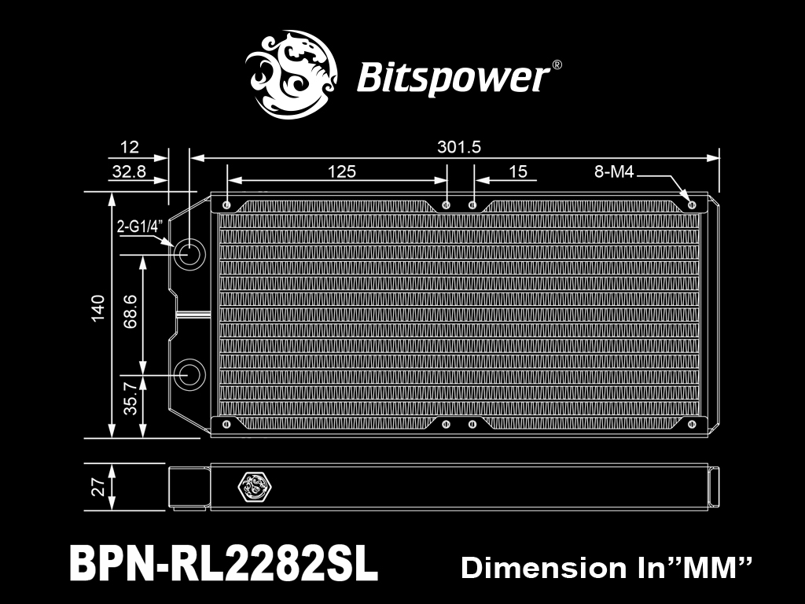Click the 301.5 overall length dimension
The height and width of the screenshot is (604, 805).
pos(459,147)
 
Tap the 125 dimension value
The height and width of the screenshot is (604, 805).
pos(342,171)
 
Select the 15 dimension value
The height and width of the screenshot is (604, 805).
pos(517,171)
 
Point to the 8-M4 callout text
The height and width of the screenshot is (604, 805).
pos(614,171)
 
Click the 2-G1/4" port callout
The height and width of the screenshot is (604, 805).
pos(140,226)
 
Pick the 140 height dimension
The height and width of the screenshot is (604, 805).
pos(97,308)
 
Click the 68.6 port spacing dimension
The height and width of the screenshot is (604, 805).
pos(130,311)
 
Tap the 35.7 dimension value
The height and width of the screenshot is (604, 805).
pos(130,398)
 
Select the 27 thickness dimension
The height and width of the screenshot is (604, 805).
pos(98,486)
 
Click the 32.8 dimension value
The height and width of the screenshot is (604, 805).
pos(129,171)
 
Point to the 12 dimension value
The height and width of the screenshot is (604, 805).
pos(130,147)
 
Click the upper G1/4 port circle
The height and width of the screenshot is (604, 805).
pos(189,254)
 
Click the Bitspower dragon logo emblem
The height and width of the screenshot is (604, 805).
pos(292,75)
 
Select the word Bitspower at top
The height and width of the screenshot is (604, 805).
pos(454,78)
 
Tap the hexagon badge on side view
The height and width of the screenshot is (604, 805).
pos(255,486)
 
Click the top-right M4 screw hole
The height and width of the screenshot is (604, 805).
pos(692,205)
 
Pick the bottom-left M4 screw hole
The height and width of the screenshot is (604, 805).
pos(226,424)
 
